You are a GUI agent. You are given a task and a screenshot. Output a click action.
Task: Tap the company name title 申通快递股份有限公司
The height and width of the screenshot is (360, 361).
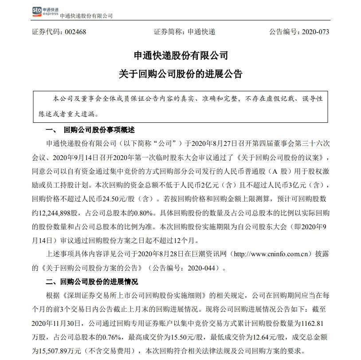pyautogui.click(x=180, y=56)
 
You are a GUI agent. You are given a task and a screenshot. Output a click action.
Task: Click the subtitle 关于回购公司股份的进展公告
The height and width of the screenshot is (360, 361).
pyautogui.click(x=180, y=74)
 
